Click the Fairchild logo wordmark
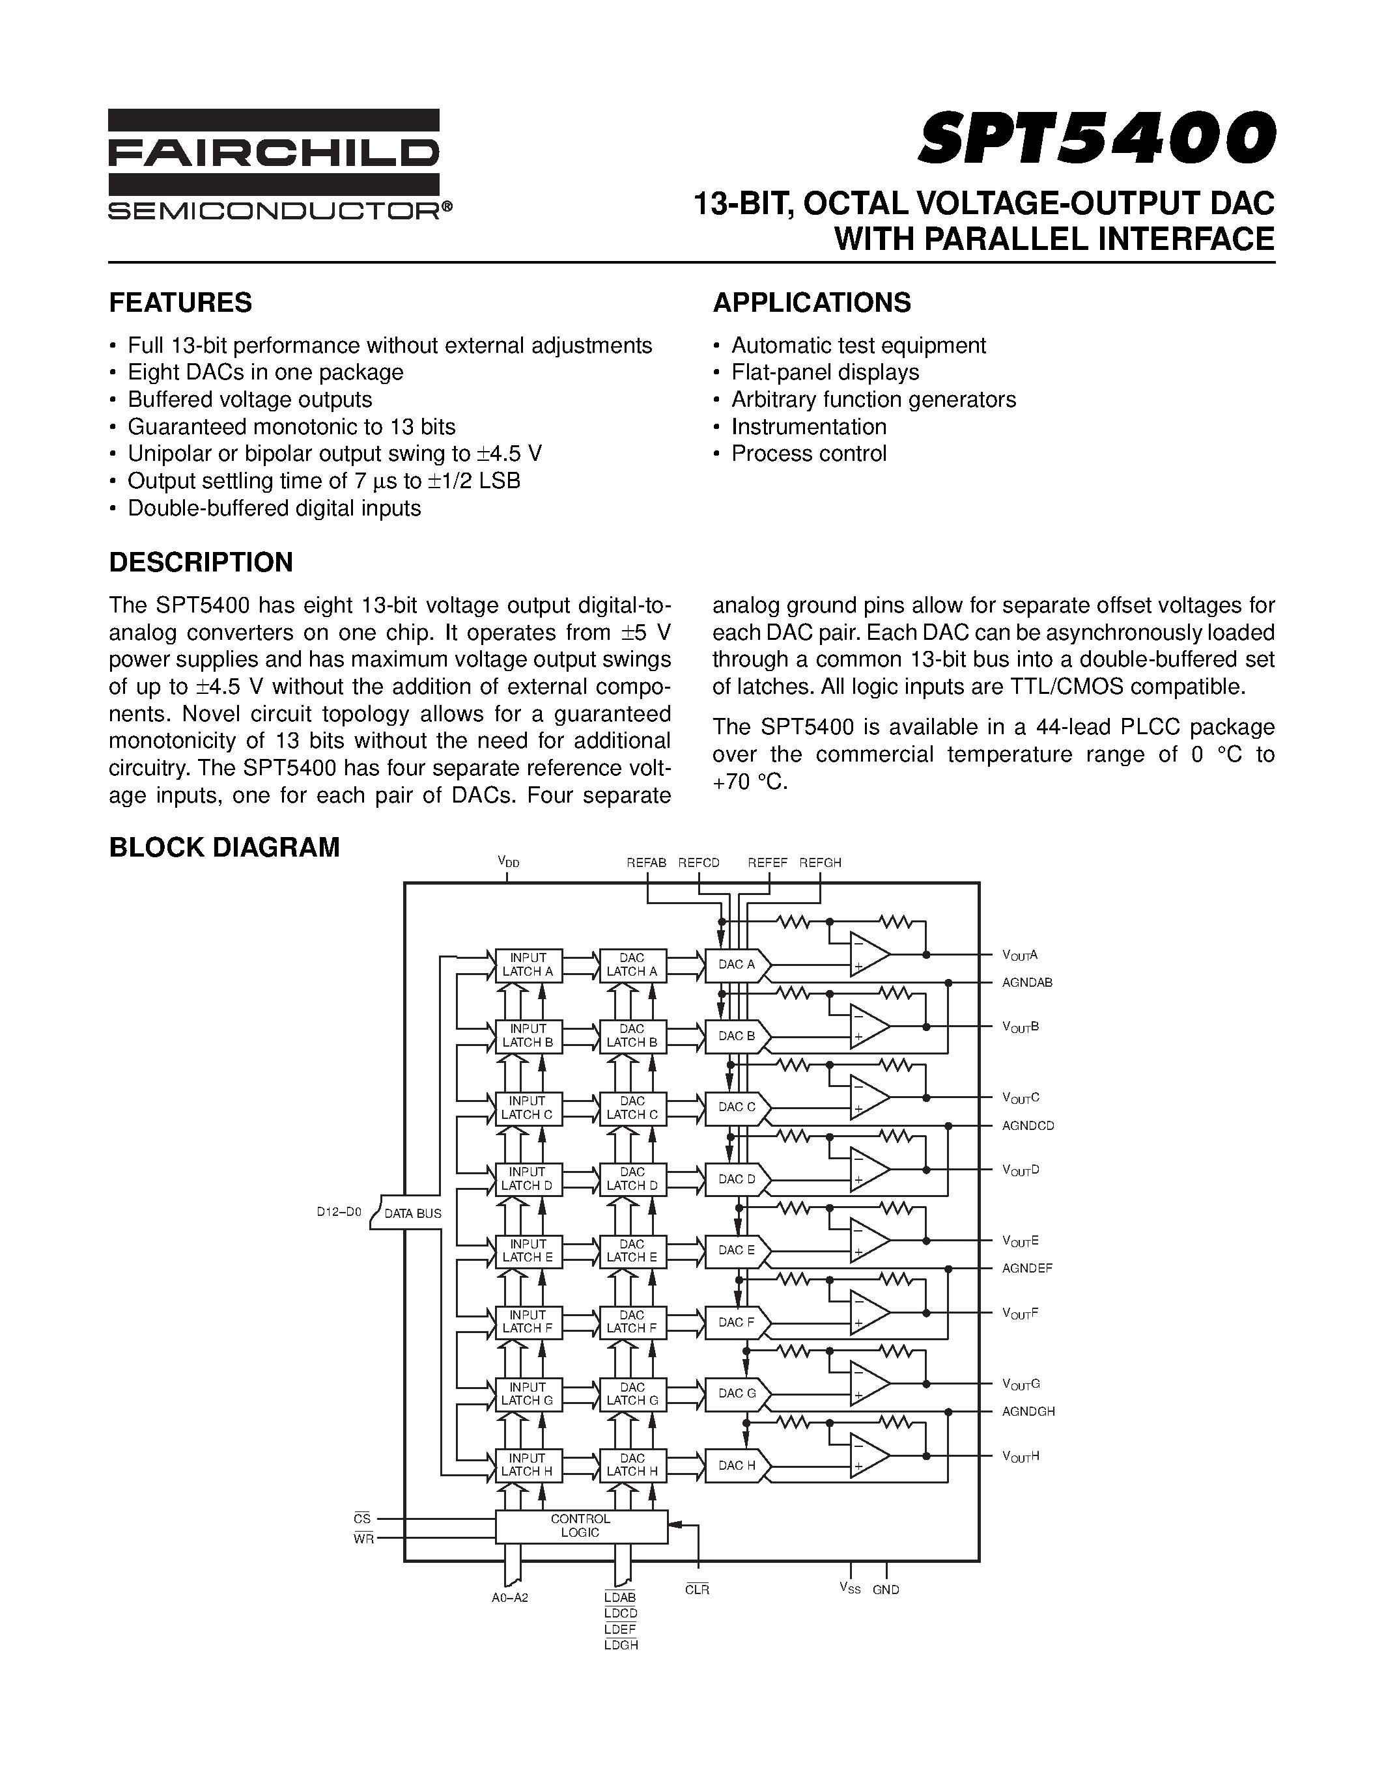pyautogui.click(x=274, y=153)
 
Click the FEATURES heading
pyautogui.click(x=180, y=303)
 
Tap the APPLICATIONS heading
pyautogui.click(x=812, y=303)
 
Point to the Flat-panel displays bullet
pyautogui.click(x=825, y=372)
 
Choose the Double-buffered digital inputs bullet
pyautogui.click(x=274, y=508)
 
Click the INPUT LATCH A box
pyautogui.click(x=528, y=965)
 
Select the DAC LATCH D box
pyautogui.click(x=632, y=1179)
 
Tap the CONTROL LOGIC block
pyautogui.click(x=580, y=1525)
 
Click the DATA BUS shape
pyautogui.click(x=409, y=1213)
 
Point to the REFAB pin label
pyautogui.click(x=646, y=863)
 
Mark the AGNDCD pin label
pyautogui.click(x=1027, y=1126)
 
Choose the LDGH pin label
pyautogui.click(x=621, y=1645)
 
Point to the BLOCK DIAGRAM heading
pyautogui.click(x=224, y=847)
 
